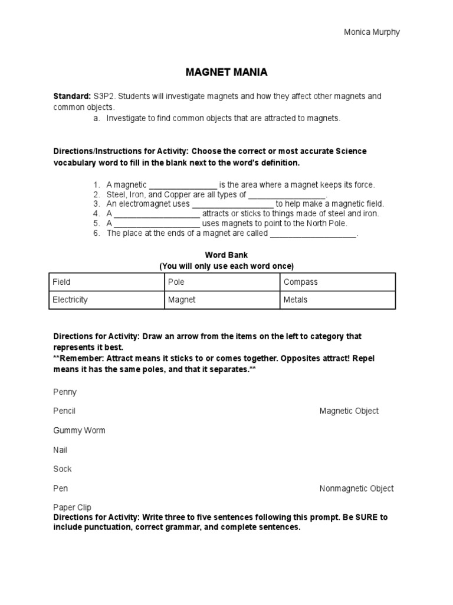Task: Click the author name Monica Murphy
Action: (372, 32)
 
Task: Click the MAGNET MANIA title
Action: (226, 73)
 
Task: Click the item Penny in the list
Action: (65, 392)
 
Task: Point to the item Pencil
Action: (64, 411)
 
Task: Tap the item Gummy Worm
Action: (79, 430)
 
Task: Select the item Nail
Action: (60, 450)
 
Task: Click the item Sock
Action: (62, 469)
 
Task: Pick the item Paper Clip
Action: (72, 507)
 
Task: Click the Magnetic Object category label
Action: (349, 411)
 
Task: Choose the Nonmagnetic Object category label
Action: (356, 488)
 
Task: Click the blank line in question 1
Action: (183, 186)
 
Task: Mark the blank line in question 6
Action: (313, 234)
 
